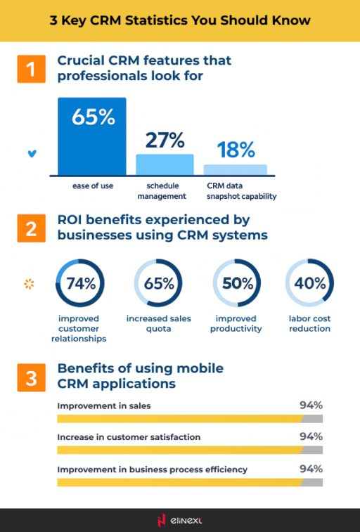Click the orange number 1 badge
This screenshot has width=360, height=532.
[x=30, y=69]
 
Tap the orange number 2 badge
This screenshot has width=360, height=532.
[x=30, y=230]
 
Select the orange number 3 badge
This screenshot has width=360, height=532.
[x=30, y=377]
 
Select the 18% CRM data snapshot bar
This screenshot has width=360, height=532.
[x=236, y=169]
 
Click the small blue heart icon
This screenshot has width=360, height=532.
[x=31, y=153]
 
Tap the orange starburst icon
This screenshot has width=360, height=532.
[x=30, y=284]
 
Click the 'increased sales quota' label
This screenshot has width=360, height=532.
[x=158, y=323]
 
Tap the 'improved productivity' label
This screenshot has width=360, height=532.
[x=236, y=323]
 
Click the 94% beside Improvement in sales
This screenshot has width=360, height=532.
[x=310, y=406]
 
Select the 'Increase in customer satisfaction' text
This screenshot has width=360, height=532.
[x=129, y=437]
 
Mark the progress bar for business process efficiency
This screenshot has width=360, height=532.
[x=189, y=482]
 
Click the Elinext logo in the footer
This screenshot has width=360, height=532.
[x=180, y=520]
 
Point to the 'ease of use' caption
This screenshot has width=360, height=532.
[x=92, y=186]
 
